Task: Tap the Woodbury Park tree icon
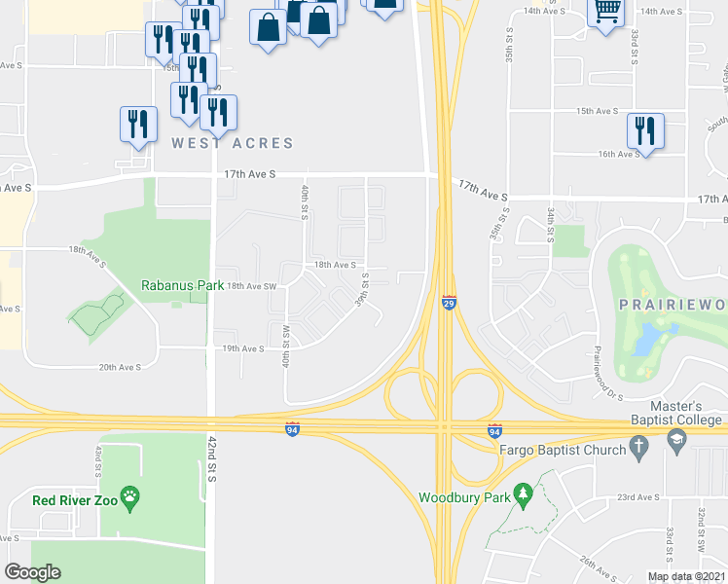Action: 524,496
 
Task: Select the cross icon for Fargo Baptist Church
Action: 638,448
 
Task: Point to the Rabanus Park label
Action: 175,285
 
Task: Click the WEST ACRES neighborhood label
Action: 233,143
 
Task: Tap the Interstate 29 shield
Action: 449,304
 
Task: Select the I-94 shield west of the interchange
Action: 292,430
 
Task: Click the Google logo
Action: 32,572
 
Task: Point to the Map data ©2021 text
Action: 686,577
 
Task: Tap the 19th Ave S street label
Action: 243,348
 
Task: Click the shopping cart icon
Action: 607,12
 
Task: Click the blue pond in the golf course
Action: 643,338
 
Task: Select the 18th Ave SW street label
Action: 252,286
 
